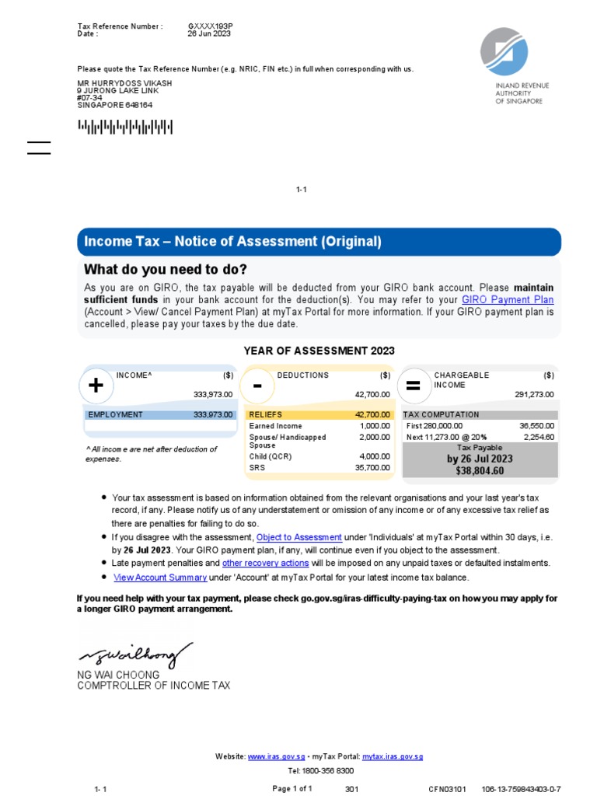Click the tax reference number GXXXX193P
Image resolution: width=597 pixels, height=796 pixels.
pyautogui.click(x=210, y=26)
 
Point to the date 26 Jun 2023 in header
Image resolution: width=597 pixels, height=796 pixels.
pyautogui.click(x=210, y=34)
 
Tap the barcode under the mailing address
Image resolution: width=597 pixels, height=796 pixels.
pyautogui.click(x=124, y=127)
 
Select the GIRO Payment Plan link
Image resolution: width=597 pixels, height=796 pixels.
pyautogui.click(x=508, y=299)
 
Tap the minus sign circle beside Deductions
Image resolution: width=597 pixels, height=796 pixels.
pyautogui.click(x=257, y=386)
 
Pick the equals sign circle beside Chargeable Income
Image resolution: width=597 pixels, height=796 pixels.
pyautogui.click(x=414, y=386)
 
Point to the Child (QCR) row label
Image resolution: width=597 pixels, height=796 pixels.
pyautogui.click(x=270, y=457)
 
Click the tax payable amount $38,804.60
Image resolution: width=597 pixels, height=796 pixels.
pyautogui.click(x=480, y=470)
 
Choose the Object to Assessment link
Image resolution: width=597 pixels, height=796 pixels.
pyautogui.click(x=299, y=537)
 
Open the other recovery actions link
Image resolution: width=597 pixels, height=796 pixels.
pyautogui.click(x=265, y=563)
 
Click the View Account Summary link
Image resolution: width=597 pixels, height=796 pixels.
pyautogui.click(x=160, y=578)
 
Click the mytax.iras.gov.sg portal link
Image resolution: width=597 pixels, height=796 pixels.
pyautogui.click(x=393, y=756)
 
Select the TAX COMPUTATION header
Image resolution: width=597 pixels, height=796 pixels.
pyautogui.click(x=441, y=415)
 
